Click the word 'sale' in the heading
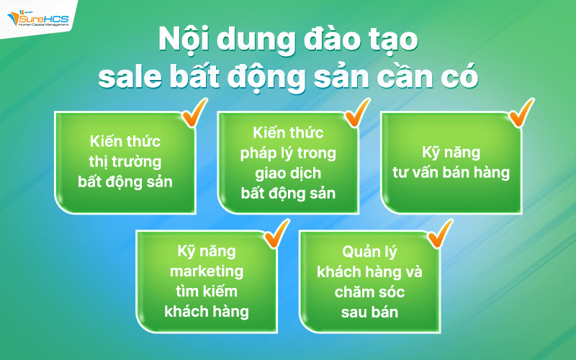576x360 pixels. click(x=130, y=78)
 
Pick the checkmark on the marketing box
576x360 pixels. click(x=274, y=233)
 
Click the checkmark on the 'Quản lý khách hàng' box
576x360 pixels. click(x=438, y=233)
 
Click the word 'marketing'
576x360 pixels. click(x=206, y=271)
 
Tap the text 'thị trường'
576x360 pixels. click(x=125, y=161)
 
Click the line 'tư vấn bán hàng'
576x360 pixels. click(x=451, y=173)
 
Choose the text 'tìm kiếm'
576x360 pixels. click(x=206, y=292)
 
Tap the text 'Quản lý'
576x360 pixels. click(x=371, y=252)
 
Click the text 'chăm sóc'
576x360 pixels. click(x=370, y=292)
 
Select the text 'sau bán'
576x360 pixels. click(x=370, y=312)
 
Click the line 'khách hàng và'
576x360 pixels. click(x=371, y=272)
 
